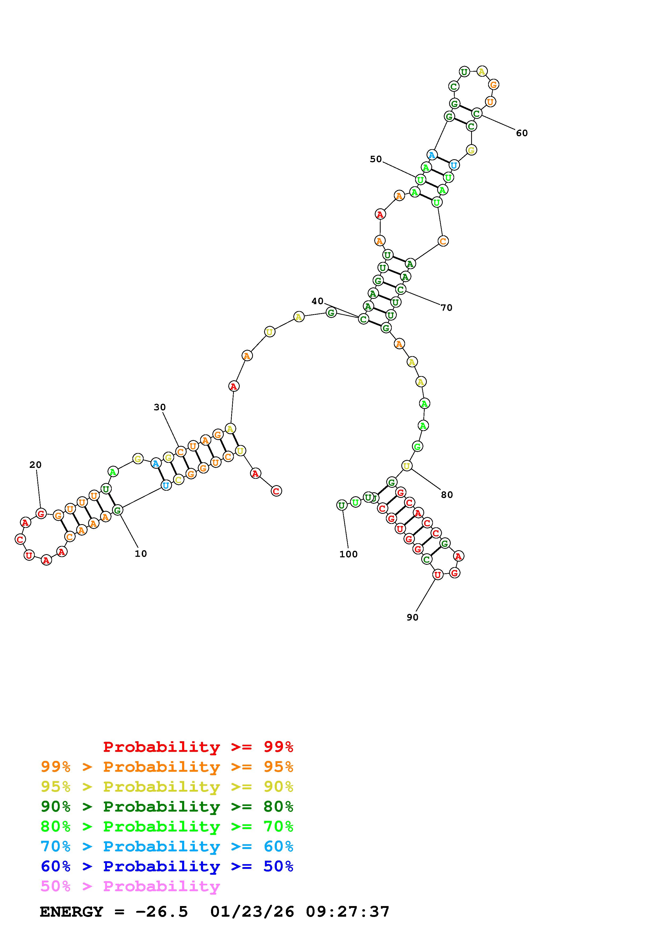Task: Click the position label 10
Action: tap(141, 554)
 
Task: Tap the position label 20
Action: tap(35, 465)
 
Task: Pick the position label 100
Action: tap(348, 554)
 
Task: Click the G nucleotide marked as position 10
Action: tap(118, 510)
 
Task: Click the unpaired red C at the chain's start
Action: tap(276, 491)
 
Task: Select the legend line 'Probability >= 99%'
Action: tap(198, 747)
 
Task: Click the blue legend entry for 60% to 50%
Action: tap(167, 866)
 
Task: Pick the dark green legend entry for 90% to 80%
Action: tap(167, 807)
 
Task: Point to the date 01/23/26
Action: tap(252, 912)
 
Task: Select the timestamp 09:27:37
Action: tap(347, 912)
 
